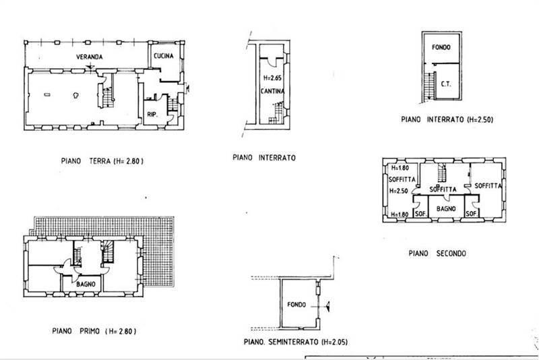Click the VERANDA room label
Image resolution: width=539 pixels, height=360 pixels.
pos(90,57)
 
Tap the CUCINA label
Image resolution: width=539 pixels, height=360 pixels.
pos(164,56)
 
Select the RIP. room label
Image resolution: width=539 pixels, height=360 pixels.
pos(152,115)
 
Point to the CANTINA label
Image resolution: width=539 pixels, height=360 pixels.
pos(273,91)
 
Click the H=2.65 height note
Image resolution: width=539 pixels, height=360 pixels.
pos(272,78)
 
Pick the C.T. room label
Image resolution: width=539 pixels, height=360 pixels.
pos(446,84)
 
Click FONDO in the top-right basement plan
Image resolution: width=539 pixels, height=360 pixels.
pos(441,47)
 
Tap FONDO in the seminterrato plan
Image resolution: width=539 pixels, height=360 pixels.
pos(296,305)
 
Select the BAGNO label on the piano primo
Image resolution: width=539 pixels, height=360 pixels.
pos(86,284)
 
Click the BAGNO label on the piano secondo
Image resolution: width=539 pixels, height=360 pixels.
pos(446,209)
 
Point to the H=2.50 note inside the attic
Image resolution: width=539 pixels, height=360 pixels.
pos(399,191)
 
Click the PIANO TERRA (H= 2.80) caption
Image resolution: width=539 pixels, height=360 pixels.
pos(102,161)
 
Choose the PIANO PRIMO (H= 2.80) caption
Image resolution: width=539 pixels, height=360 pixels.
pos(94,331)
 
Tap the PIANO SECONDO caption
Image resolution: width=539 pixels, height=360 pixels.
pos(437,253)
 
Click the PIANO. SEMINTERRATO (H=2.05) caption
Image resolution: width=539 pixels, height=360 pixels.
pos(296,342)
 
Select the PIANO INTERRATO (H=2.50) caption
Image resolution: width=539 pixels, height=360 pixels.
pos(447,119)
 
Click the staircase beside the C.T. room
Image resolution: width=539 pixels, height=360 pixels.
pos(429,86)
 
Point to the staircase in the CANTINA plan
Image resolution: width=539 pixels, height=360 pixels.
pos(277,113)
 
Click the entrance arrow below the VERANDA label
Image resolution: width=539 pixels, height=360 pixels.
pos(90,66)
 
